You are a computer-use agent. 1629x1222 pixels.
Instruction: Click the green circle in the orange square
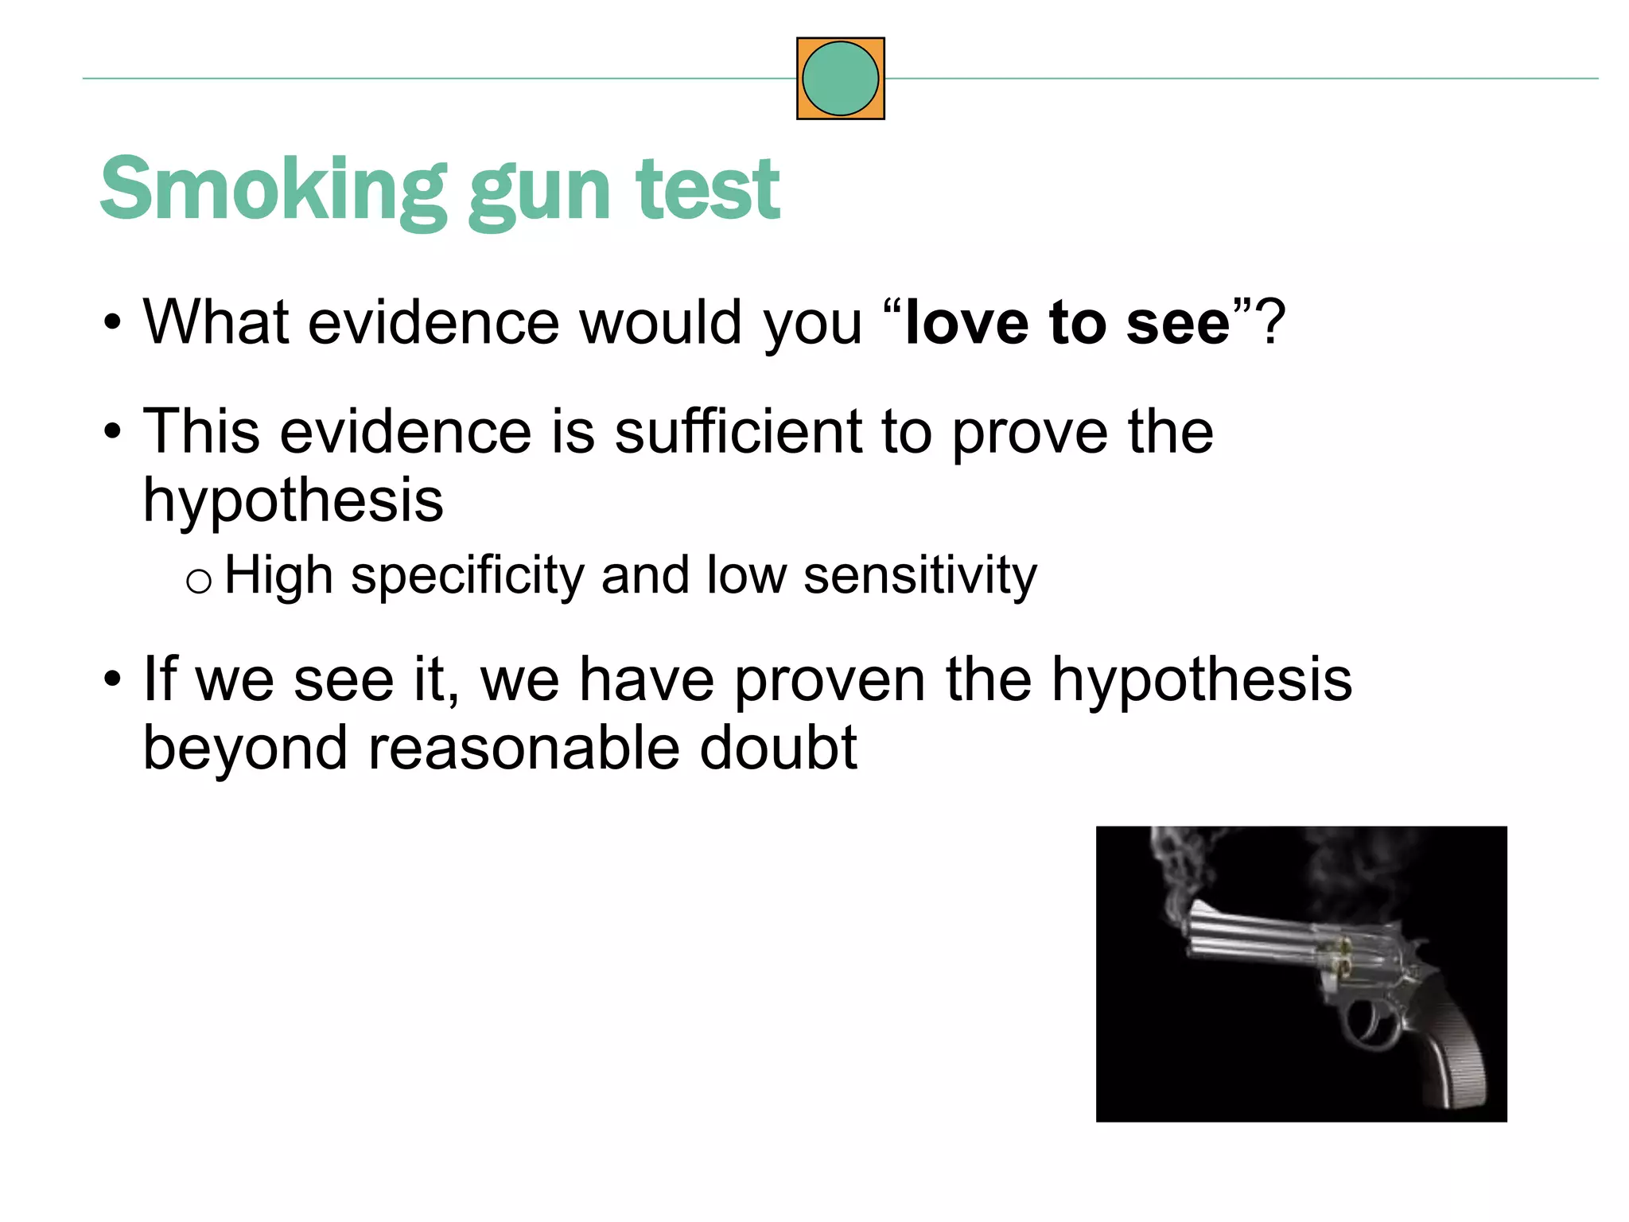(840, 79)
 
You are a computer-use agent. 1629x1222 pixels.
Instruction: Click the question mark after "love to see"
(1270, 322)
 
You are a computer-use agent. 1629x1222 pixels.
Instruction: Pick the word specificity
(467, 576)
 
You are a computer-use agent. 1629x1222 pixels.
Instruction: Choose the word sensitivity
(920, 576)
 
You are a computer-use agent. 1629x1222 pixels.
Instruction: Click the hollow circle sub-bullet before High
(198, 582)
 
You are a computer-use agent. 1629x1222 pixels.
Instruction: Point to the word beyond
(245, 749)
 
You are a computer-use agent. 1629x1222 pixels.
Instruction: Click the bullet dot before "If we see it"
(113, 681)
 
